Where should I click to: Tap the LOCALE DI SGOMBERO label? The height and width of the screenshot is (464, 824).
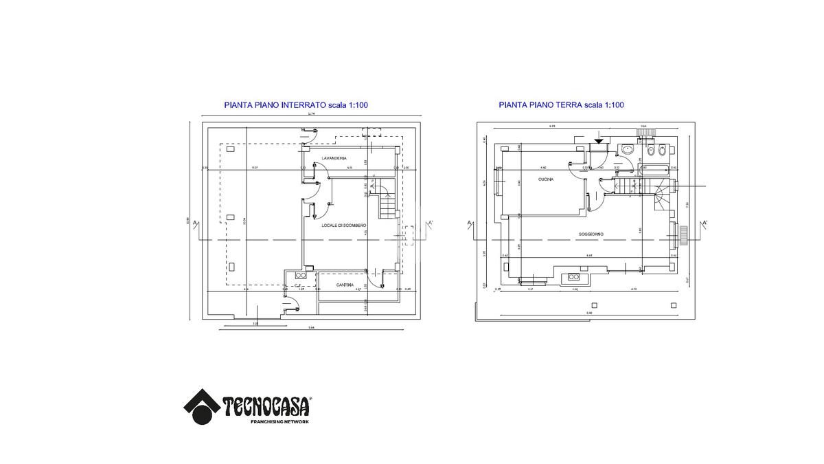click(344, 225)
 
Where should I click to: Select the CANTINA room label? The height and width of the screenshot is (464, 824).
click(345, 285)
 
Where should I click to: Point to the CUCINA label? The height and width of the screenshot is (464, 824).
click(547, 179)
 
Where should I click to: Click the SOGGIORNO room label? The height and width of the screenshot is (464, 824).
click(591, 234)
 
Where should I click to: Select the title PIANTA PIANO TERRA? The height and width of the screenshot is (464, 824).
click(540, 105)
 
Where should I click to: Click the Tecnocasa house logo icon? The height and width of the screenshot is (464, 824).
click(201, 406)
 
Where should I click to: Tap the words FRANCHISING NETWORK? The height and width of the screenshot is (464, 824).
click(279, 421)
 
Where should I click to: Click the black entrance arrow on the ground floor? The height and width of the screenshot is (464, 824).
click(599, 140)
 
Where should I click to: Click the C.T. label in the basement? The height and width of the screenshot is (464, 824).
click(299, 285)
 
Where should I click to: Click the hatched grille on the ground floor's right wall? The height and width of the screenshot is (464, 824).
click(683, 235)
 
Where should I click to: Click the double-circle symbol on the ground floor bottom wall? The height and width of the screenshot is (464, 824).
click(573, 278)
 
